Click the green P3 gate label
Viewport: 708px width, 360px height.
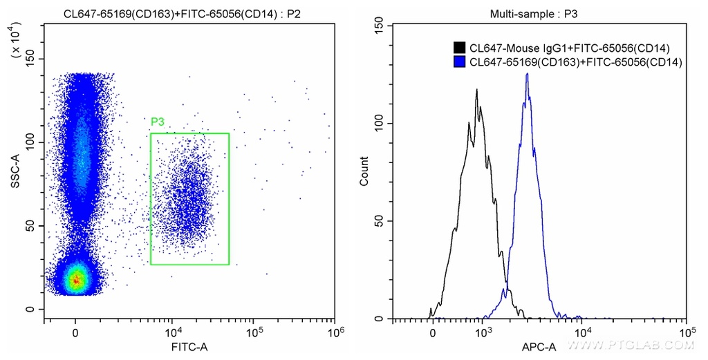(157, 122)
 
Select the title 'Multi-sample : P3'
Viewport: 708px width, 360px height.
(524, 12)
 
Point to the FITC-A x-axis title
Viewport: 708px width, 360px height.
(189, 347)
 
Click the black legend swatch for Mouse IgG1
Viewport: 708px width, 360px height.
(459, 48)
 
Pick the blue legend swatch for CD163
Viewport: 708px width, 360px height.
(459, 62)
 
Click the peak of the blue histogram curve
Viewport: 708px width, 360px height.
(527, 74)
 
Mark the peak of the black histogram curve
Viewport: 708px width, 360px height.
(476, 89)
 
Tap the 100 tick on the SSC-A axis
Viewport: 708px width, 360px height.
(31, 143)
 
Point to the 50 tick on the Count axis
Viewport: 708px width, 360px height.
(379, 221)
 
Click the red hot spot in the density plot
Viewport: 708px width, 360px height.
(77, 281)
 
